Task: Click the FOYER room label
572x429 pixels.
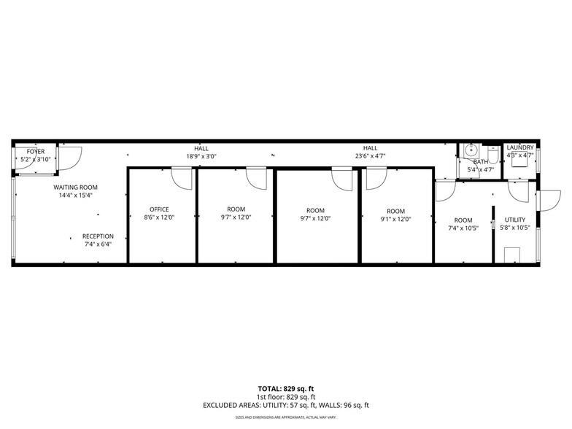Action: coord(36,151)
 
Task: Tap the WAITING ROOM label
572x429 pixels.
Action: coord(76,188)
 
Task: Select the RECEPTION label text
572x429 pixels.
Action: coord(97,236)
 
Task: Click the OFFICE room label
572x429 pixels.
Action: coord(159,209)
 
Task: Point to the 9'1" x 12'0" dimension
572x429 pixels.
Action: coord(395,219)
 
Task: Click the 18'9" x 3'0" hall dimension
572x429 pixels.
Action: coord(201,155)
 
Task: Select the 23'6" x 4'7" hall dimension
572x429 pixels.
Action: coord(371,155)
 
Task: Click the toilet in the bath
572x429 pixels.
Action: coord(492,155)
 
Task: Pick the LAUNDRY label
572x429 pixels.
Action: coord(520,147)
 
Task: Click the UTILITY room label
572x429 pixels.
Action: coord(515,220)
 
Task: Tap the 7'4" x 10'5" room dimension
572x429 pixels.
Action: coord(463,228)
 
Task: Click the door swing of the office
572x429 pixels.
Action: coord(182,178)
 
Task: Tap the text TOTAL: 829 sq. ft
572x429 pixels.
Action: coord(286,388)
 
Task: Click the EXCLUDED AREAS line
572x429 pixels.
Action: coord(286,405)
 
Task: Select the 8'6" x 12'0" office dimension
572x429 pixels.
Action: coord(159,218)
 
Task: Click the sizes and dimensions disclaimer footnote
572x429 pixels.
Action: coord(286,417)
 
